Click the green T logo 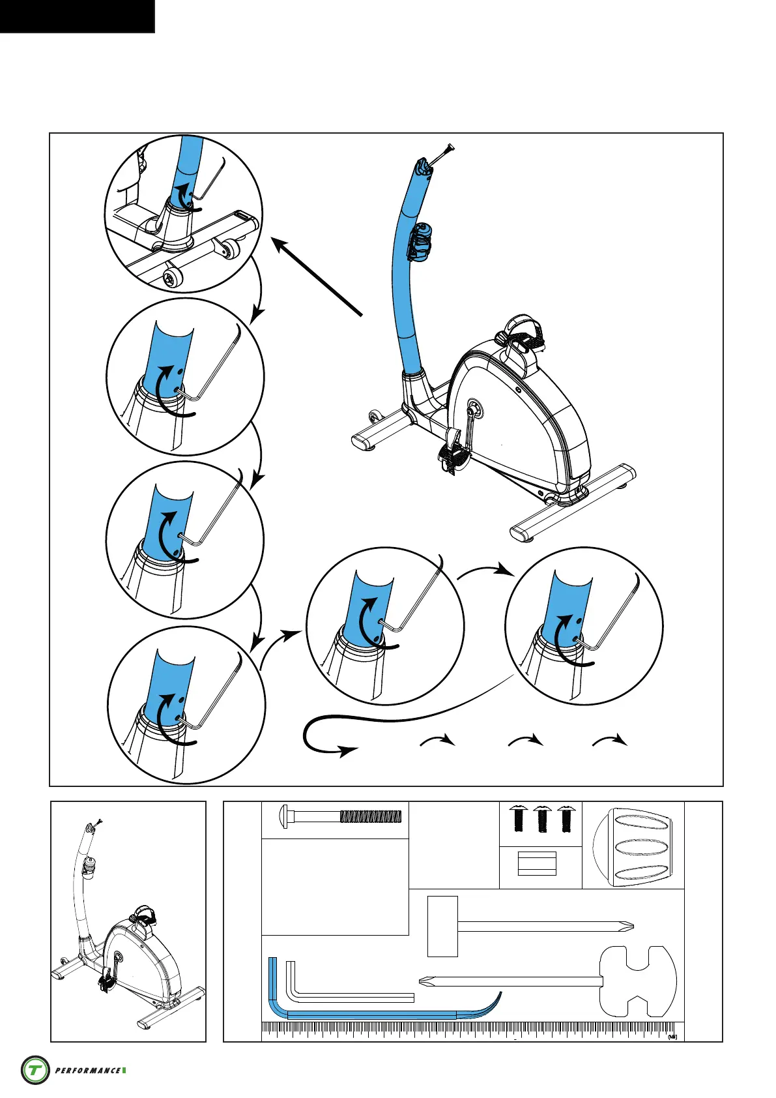[x=35, y=1070]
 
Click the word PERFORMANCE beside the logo [x=88, y=1071]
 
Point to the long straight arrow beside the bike [x=317, y=278]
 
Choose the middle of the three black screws [x=541, y=818]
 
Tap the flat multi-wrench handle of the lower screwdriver [x=637, y=981]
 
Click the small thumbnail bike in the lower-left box [x=124, y=926]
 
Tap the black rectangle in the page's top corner [x=77, y=16]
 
